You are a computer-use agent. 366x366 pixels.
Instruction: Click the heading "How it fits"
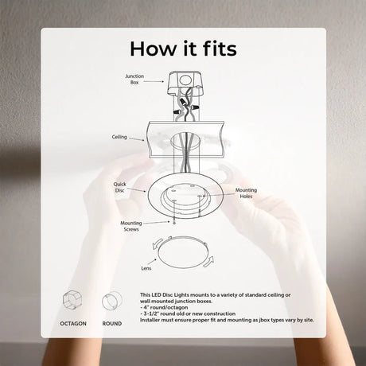coord(183,49)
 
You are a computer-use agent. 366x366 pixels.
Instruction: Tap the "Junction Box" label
coord(134,79)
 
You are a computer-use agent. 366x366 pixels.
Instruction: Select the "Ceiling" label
coord(119,137)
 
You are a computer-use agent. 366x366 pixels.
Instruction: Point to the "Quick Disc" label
coord(119,187)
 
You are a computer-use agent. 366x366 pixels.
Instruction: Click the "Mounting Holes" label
coord(246,193)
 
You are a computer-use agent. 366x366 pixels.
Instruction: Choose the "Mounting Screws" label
coord(131,226)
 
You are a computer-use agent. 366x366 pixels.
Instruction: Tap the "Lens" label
coord(146,268)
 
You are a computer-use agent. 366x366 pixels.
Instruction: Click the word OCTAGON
coord(73,324)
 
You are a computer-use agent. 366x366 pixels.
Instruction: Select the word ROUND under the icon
coord(112,324)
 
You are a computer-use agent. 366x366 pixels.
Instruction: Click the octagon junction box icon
coord(72,301)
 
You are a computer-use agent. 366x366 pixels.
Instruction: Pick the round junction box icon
coord(112,301)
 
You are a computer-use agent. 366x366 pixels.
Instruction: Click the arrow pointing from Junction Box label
coord(154,81)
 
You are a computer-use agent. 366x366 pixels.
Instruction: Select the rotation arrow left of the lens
coord(157,243)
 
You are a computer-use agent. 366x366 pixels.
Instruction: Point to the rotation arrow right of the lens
coord(209,262)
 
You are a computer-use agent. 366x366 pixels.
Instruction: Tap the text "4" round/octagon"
coord(164,307)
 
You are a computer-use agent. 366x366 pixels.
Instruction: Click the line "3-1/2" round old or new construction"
coord(188,313)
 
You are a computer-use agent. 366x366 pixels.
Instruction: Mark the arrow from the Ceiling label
coord(137,139)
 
